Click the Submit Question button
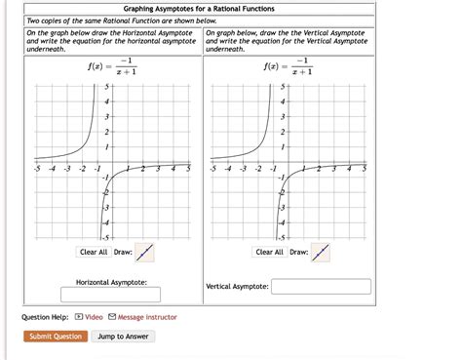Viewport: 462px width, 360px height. click(56, 337)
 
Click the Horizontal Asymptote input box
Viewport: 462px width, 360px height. click(110, 294)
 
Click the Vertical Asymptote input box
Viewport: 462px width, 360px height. click(322, 287)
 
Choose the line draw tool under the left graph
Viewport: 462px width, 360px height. click(145, 253)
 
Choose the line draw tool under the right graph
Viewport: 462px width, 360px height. click(321, 253)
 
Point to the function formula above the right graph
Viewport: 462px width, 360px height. click(285, 67)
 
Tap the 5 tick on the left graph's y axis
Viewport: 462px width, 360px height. click(106, 87)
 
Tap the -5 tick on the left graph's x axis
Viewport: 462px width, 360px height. click(36, 168)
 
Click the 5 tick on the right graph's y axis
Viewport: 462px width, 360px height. click(283, 87)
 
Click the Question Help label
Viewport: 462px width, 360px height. click(45, 317)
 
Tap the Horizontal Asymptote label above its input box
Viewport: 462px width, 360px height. click(111, 282)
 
